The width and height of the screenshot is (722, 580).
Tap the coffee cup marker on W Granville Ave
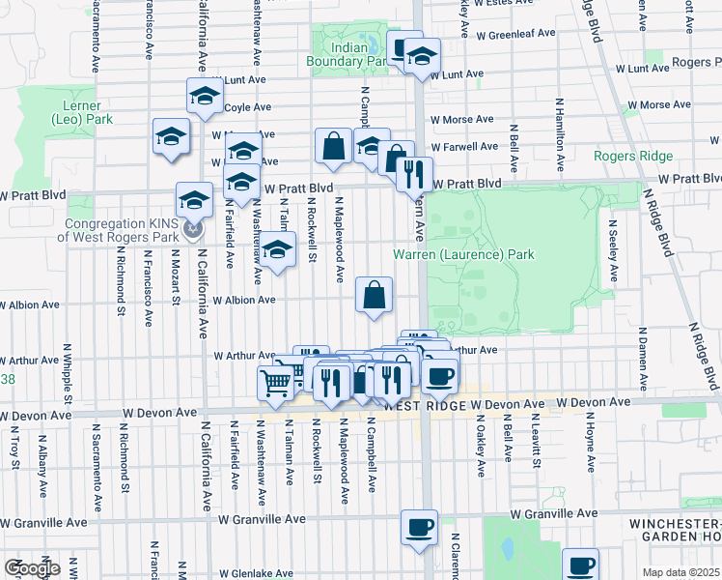(419, 528)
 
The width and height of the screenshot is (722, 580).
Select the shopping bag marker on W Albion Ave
(375, 295)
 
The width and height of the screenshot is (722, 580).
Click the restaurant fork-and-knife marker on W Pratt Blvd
(415, 174)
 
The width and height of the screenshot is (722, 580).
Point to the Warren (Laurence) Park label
(463, 255)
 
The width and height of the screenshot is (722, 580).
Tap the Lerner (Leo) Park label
(82, 112)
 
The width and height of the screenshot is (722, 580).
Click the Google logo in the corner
(31, 568)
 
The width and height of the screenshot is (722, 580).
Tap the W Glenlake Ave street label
(256, 572)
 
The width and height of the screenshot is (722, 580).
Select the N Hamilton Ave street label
(559, 127)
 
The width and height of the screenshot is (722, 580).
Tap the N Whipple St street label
(68, 371)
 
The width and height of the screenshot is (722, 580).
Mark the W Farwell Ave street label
(464, 147)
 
